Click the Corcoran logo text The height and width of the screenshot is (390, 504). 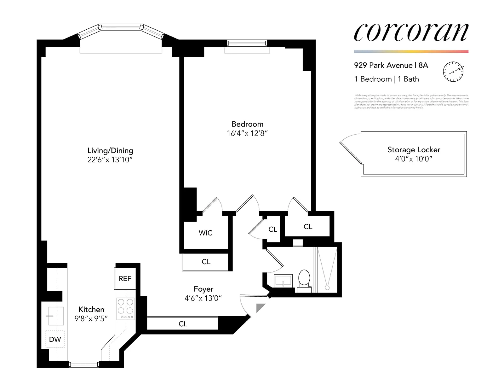click(411, 32)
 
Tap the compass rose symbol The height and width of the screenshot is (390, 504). click(453, 72)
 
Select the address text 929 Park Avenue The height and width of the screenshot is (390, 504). click(383, 65)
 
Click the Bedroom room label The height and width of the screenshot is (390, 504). click(247, 124)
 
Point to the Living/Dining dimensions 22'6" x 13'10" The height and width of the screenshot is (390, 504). click(110, 160)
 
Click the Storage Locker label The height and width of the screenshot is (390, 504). click(414, 149)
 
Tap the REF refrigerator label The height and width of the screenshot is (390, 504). click(125, 279)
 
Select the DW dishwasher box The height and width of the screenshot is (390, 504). click(55, 339)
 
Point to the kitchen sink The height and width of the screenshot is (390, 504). click(55, 316)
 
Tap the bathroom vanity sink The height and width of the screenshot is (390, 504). click(283, 281)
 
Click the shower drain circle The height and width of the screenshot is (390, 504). click(327, 288)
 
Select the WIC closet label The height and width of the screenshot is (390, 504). click(205, 233)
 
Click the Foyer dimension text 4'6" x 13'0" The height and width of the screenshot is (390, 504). click(203, 298)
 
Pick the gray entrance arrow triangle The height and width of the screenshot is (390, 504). click(260, 307)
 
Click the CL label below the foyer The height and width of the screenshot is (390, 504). click(183, 324)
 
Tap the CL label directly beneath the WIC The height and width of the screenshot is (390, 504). click(206, 262)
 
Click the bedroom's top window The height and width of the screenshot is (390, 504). click(247, 43)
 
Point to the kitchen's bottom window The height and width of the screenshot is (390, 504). click(84, 364)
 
